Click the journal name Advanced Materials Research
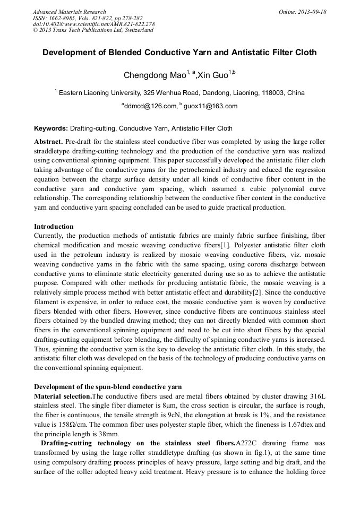click(x=69, y=12)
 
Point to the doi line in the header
click(x=93, y=24)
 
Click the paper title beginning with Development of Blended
click(x=179, y=53)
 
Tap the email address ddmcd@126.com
click(x=150, y=106)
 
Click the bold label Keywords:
click(x=51, y=128)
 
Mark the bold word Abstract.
click(x=48, y=142)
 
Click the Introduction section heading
click(x=54, y=227)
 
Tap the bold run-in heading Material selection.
click(x=63, y=396)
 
